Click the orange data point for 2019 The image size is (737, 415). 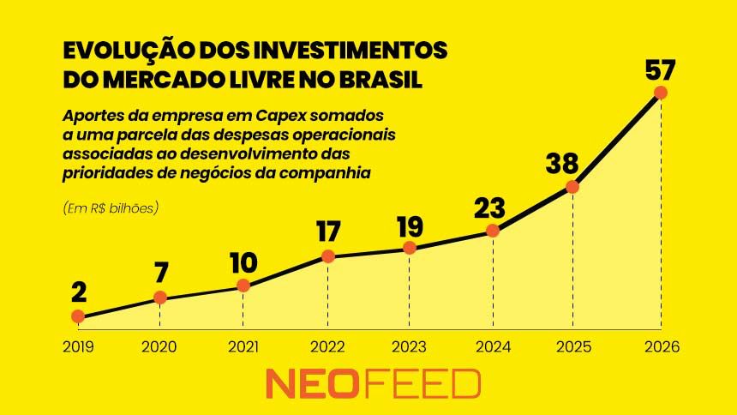(78, 316)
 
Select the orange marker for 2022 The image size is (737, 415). (327, 256)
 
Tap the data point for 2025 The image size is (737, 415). (572, 187)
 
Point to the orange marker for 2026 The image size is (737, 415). (660, 93)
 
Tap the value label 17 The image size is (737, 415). (327, 232)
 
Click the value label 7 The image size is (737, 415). (161, 273)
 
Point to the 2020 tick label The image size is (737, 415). (159, 347)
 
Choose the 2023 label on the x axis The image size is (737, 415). (409, 347)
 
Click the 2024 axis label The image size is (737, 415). (492, 347)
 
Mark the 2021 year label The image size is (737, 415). (243, 347)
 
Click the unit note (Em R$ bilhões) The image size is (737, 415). (111, 207)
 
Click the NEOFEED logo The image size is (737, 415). (373, 384)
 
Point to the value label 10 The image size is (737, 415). (243, 262)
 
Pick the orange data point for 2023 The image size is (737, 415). (410, 248)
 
